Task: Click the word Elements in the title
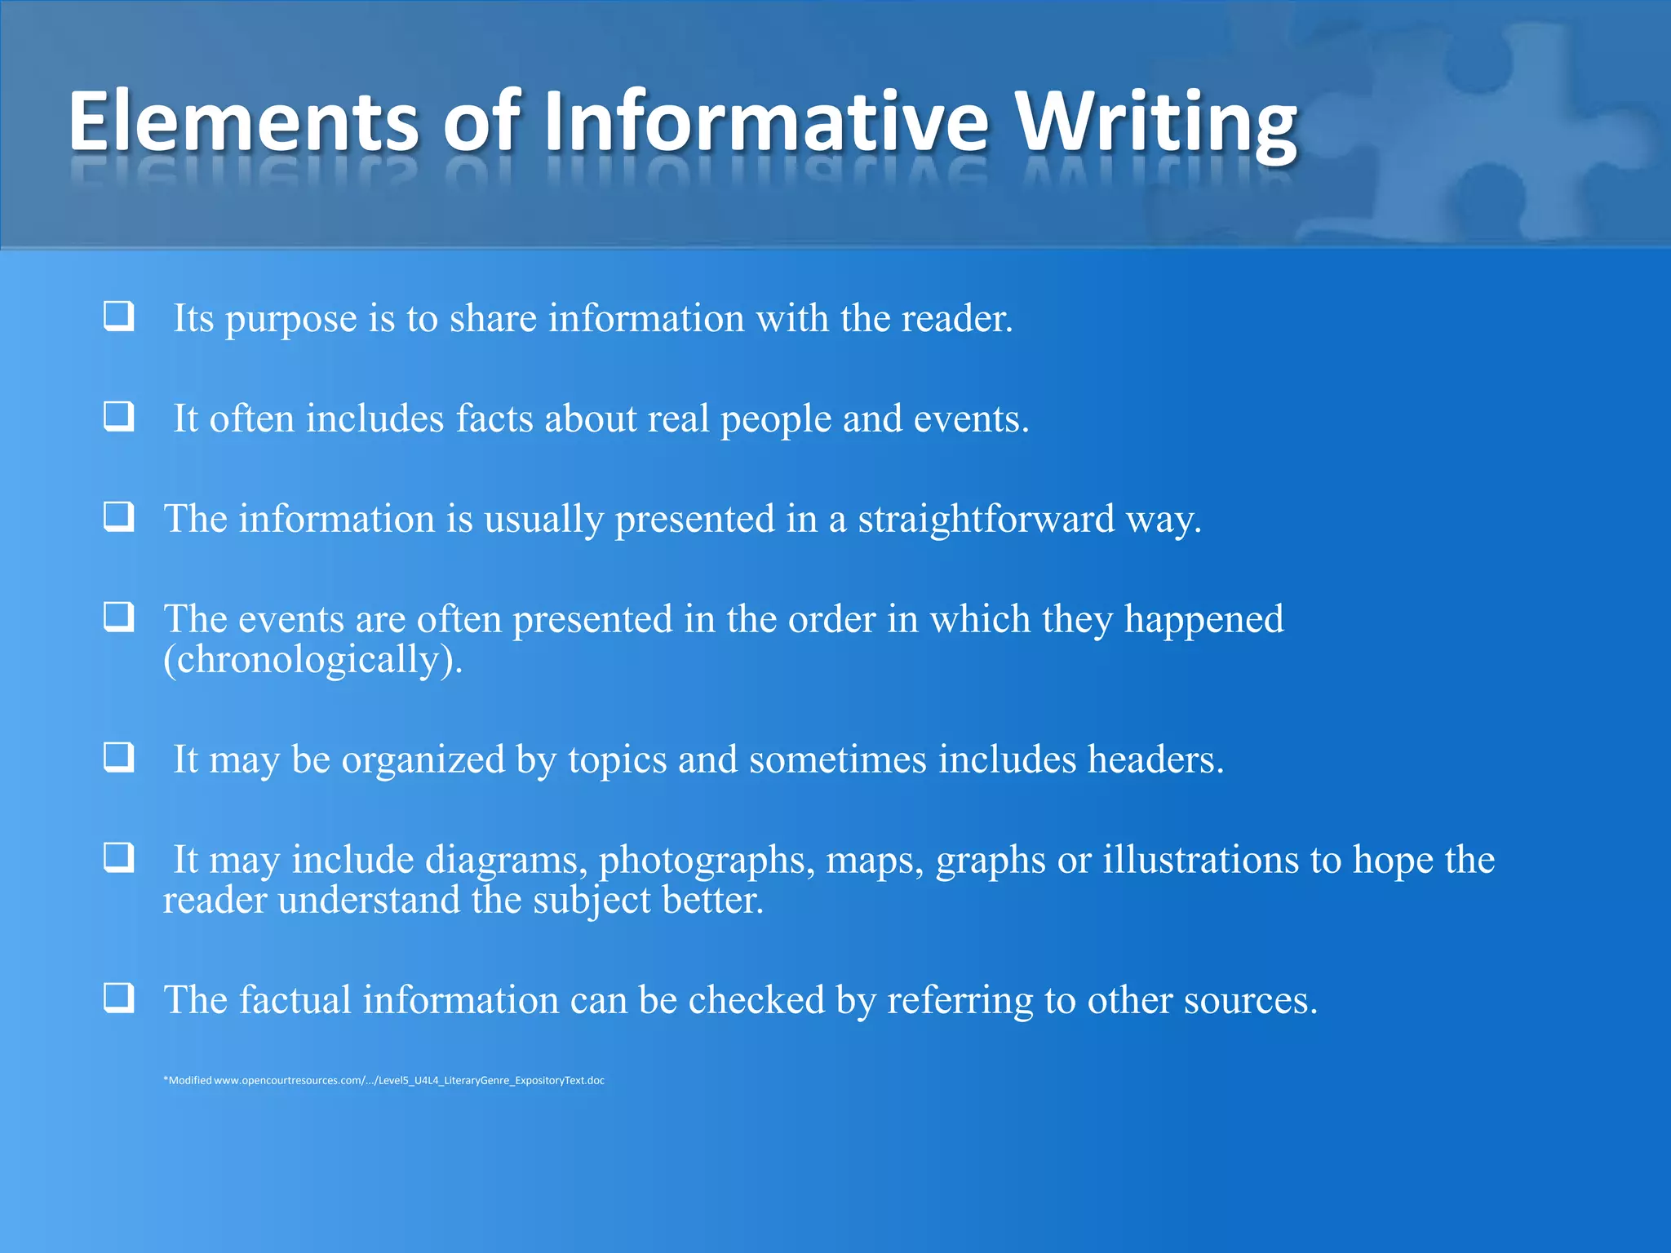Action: click(243, 122)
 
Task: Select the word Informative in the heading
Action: click(766, 122)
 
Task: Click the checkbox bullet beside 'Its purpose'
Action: click(119, 316)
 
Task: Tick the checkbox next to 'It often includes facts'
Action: click(119, 416)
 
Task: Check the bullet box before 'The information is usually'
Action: click(119, 516)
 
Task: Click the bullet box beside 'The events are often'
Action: click(119, 617)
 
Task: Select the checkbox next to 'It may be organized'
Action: click(119, 757)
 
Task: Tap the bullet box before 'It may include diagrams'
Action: click(119, 857)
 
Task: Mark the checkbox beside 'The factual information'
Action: click(119, 998)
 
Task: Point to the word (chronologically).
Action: click(312, 660)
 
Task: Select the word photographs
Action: click(707, 861)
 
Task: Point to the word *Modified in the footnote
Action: click(188, 1081)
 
